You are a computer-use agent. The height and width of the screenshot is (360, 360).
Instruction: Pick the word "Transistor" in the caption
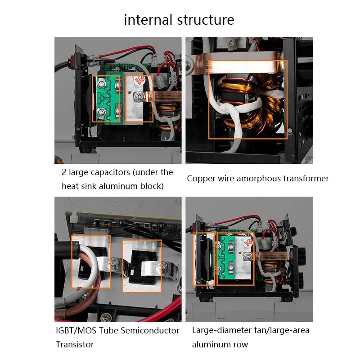pyautogui.click(x=75, y=344)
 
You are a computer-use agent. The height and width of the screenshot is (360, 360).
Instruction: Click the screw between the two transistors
pyautogui.click(x=117, y=262)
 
